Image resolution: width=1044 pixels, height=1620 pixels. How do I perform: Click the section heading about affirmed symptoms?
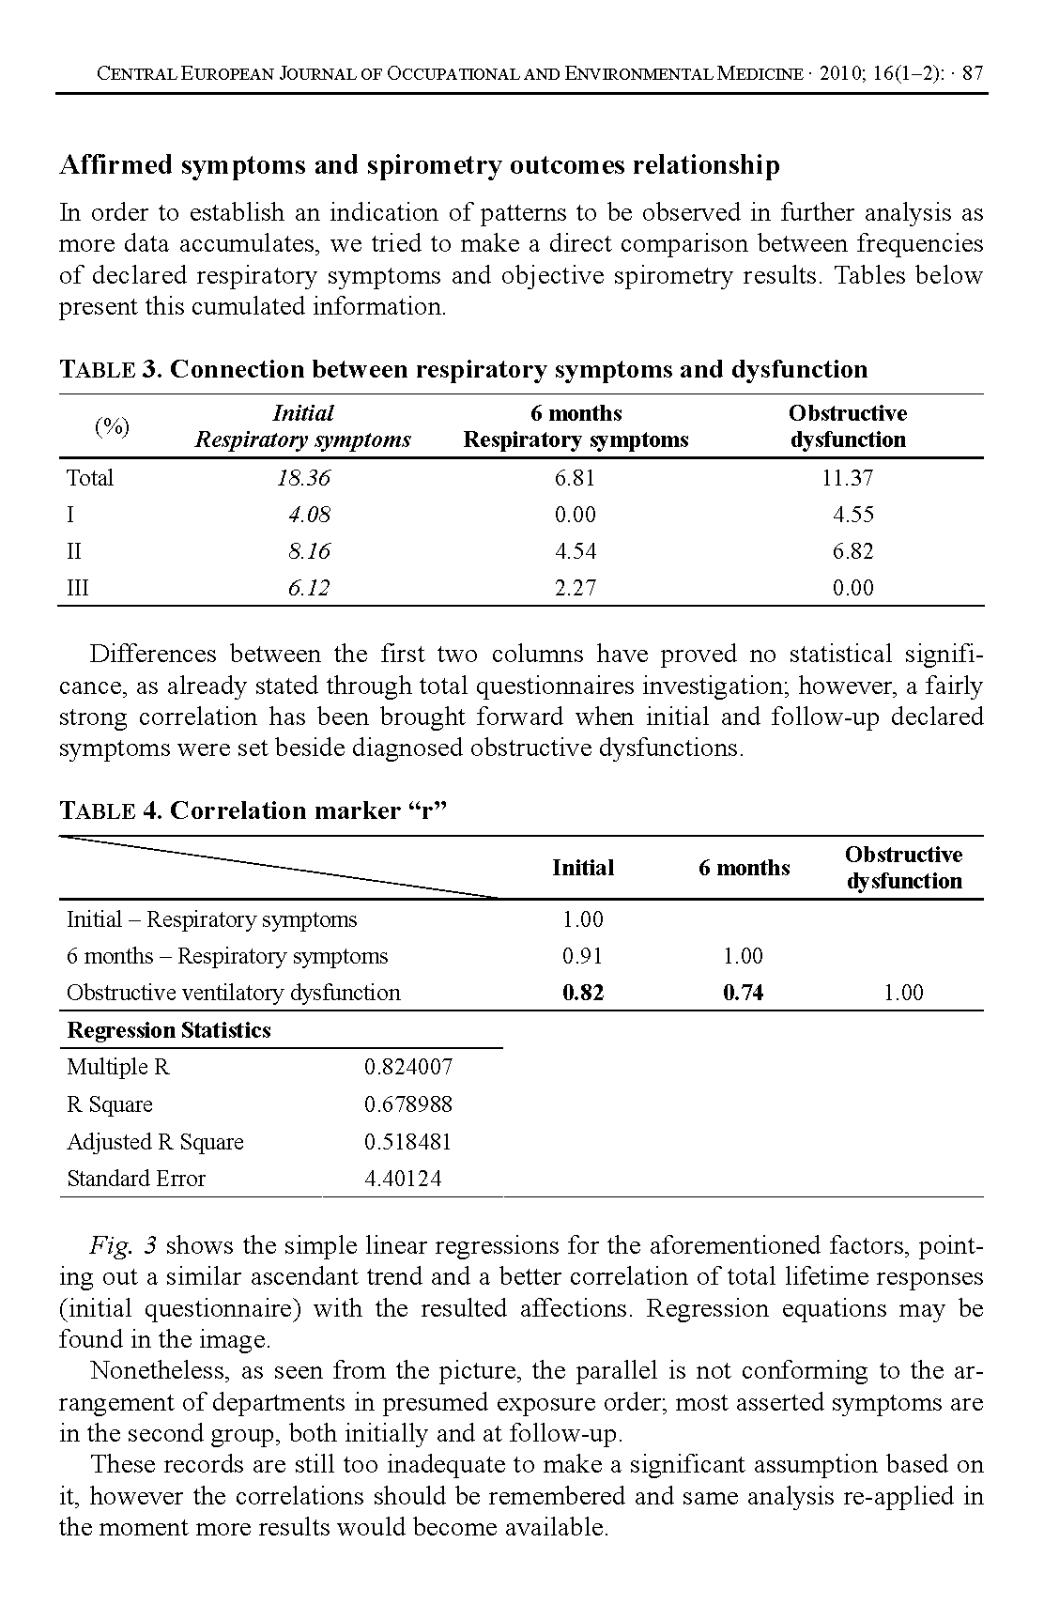[419, 165]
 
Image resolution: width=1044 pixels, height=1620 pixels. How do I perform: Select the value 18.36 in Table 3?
[303, 478]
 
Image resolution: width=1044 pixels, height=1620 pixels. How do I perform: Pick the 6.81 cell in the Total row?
[575, 478]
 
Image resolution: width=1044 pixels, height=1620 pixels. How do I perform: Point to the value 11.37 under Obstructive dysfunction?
[847, 478]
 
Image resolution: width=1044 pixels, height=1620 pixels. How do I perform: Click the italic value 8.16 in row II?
[309, 551]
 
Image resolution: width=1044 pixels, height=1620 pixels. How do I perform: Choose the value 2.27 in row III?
[575, 588]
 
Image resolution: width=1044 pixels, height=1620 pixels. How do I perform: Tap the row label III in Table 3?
[78, 588]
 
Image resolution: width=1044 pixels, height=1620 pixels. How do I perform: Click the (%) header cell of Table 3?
[112, 426]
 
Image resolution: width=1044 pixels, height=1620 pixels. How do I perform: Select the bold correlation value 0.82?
[582, 993]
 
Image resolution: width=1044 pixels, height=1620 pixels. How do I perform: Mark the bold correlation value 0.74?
[743, 993]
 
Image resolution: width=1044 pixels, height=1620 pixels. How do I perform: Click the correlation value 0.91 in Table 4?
[582, 956]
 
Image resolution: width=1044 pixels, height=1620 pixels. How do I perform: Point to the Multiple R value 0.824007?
[408, 1067]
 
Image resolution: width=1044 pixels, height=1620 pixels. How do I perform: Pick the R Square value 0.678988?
[408, 1104]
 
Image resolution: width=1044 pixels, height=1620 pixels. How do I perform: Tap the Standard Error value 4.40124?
[403, 1179]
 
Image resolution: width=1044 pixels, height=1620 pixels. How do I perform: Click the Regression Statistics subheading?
[169, 1030]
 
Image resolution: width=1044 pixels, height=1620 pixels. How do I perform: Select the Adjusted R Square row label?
[155, 1142]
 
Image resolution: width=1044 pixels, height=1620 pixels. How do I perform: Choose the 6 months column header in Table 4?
[744, 868]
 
